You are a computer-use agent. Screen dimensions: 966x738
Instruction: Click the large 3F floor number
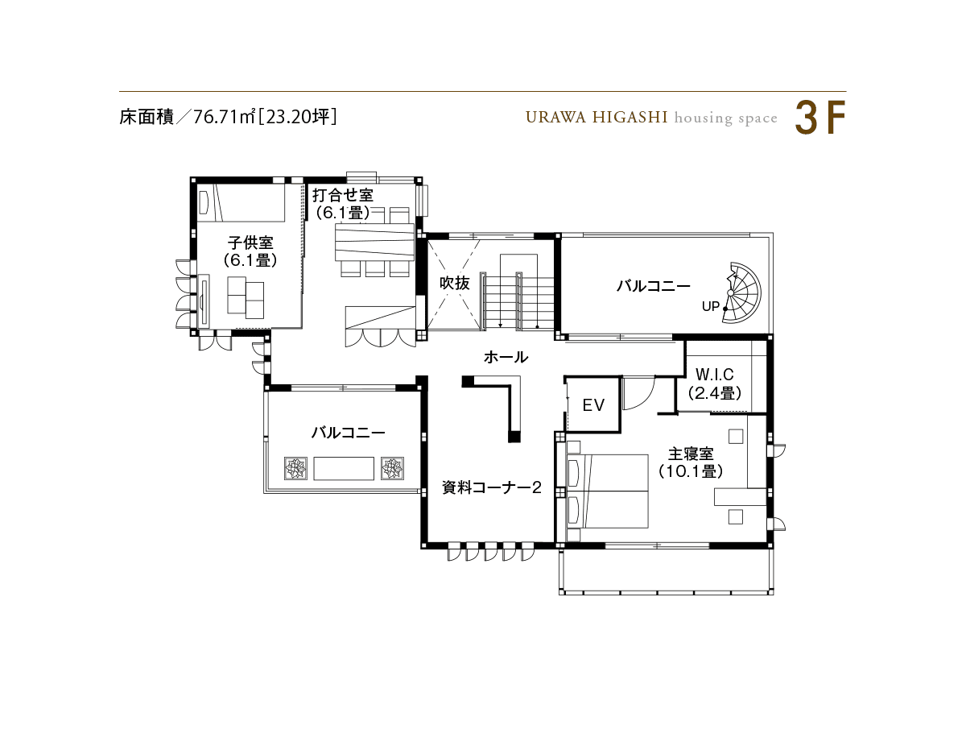[819, 118]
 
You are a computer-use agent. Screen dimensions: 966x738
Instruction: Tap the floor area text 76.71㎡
[224, 117]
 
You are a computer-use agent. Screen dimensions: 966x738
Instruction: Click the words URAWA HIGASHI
[597, 118]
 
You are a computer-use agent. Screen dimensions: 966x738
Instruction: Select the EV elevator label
[592, 404]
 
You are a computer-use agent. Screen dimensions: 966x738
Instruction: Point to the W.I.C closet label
[714, 375]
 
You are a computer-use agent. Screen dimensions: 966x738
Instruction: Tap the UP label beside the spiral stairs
[710, 306]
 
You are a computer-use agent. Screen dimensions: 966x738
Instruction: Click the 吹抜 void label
[455, 283]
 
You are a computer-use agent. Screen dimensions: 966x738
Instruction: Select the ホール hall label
[506, 357]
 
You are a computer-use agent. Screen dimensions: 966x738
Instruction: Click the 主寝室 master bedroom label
[691, 454]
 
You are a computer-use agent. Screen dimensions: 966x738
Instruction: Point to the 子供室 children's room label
[250, 243]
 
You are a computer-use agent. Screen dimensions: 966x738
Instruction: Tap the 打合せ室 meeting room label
[342, 195]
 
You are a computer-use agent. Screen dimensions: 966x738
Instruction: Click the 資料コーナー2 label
[491, 487]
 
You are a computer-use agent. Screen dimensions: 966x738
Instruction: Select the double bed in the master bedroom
[607, 491]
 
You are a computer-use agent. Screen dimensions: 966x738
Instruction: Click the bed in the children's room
[241, 202]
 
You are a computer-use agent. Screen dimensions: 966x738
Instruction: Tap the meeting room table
[374, 243]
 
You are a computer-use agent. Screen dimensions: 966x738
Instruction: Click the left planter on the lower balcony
[295, 468]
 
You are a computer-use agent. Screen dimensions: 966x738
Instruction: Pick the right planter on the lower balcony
[392, 468]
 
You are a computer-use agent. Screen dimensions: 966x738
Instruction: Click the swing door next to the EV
[638, 393]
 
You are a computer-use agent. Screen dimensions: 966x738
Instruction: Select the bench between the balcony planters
[344, 468]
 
